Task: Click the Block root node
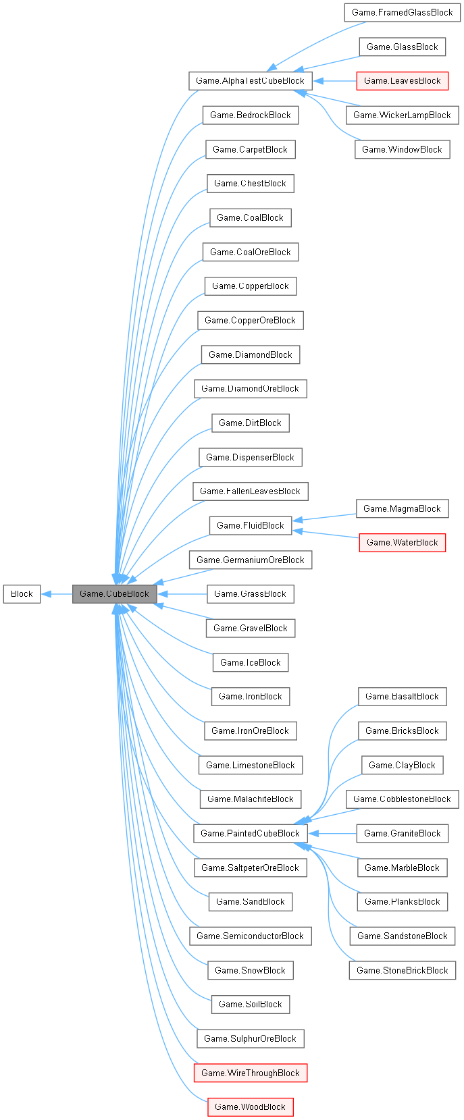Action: (x=22, y=594)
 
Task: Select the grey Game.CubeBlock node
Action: (x=114, y=594)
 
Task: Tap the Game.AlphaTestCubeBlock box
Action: (x=250, y=81)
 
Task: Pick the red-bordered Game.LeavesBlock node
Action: (x=402, y=81)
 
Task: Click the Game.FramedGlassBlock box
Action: (x=402, y=12)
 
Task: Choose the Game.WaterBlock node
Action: (x=402, y=543)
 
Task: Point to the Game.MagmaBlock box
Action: (x=402, y=509)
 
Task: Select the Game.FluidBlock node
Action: (x=250, y=526)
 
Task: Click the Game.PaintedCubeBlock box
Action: (x=250, y=834)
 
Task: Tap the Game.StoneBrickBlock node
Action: (x=402, y=971)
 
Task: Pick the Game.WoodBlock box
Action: (x=250, y=1107)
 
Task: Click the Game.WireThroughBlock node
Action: (x=250, y=1073)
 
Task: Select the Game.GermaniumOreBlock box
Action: (x=250, y=560)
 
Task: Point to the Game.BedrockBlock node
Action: (x=250, y=115)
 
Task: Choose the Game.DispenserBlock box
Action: (x=250, y=458)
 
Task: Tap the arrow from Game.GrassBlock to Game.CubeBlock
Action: (x=182, y=594)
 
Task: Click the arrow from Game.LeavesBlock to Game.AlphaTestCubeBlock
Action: (x=334, y=81)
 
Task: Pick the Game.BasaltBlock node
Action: (x=402, y=697)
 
